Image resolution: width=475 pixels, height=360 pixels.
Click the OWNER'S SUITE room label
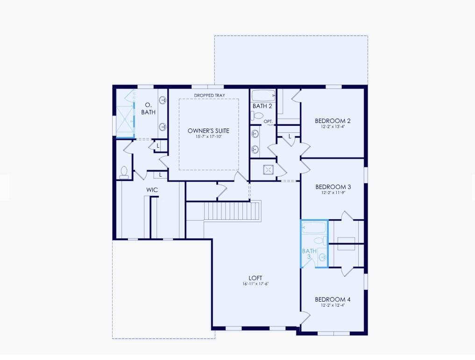208,130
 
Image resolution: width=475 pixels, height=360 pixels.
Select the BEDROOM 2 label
333,121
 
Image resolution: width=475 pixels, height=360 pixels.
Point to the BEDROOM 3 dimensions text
333,193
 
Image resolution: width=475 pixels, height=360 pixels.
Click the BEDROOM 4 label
333,299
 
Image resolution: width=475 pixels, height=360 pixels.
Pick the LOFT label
255,278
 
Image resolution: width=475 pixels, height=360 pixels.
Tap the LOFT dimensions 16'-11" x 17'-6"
255,284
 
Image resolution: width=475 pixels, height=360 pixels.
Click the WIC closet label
152,190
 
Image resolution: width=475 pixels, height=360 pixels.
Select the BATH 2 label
262,106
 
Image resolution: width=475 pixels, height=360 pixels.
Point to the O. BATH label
148,108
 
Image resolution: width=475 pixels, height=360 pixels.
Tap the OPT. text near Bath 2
268,122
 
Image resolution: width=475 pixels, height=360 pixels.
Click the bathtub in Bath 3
314,228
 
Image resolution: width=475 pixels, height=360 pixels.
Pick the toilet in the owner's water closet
125,173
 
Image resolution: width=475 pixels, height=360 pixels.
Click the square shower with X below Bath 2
269,169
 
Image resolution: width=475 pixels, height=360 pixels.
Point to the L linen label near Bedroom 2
290,137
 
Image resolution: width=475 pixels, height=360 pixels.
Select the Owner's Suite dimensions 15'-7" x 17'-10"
208,137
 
